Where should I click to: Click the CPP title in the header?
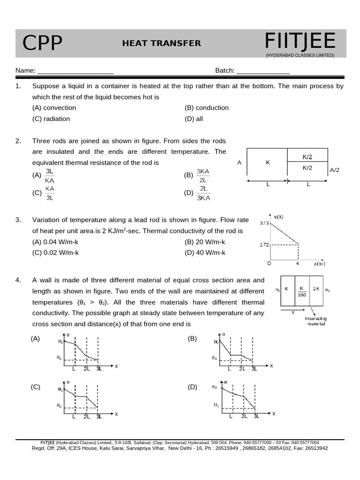[x=43, y=44]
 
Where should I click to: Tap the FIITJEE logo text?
[x=300, y=42]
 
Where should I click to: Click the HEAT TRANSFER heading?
[x=161, y=44]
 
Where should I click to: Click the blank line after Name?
[x=75, y=71]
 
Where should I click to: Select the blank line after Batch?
[x=263, y=71]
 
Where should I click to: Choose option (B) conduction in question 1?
[x=207, y=108]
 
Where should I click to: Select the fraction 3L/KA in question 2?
[x=50, y=176]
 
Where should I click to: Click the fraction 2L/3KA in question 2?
[x=203, y=193]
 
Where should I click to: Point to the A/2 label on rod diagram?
[x=335, y=170]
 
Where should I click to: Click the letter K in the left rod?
[x=268, y=163]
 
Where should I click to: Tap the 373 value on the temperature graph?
[x=264, y=224]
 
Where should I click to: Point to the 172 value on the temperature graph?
[x=264, y=245]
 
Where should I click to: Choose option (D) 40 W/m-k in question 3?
[x=205, y=253]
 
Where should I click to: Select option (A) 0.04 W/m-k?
[x=55, y=242]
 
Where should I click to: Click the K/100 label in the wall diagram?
[x=302, y=292]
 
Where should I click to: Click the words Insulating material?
[x=315, y=321]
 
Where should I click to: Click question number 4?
[x=18, y=280]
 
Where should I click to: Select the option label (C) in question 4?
[x=36, y=387]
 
